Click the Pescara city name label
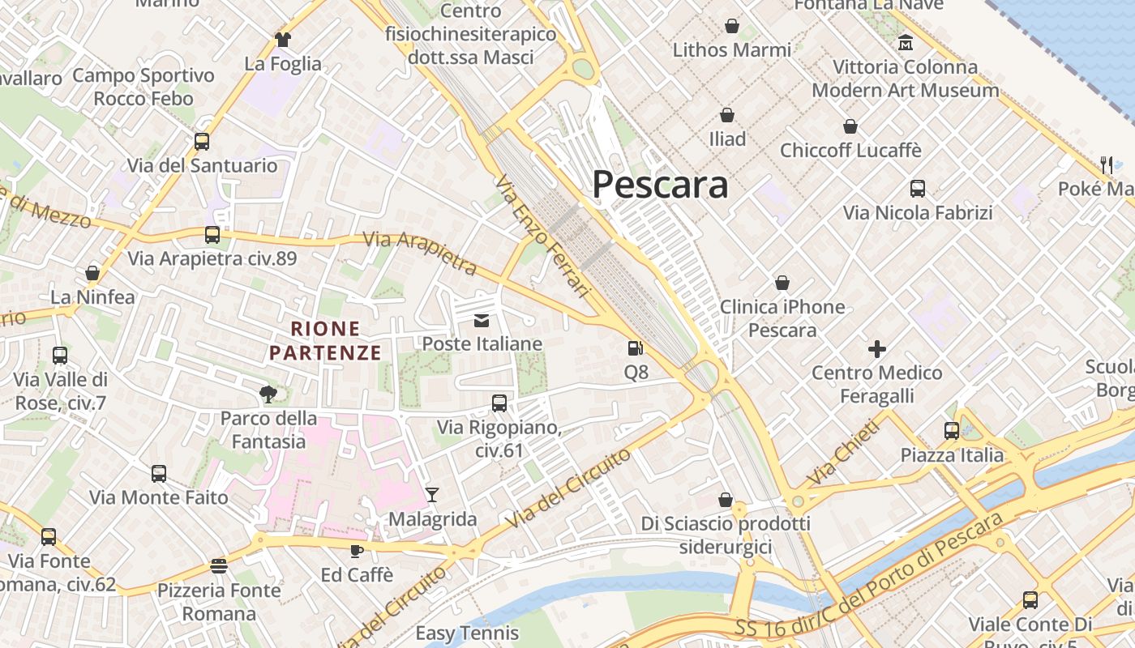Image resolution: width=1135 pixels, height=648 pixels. [x=660, y=185]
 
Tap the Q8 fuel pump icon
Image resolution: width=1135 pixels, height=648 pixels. [x=636, y=349]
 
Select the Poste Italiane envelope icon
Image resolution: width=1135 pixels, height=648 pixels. [x=482, y=321]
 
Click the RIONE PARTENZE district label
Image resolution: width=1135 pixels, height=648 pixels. [x=325, y=341]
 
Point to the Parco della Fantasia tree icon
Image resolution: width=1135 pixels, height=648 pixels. [x=268, y=394]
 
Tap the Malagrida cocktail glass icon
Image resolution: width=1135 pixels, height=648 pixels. [x=432, y=494]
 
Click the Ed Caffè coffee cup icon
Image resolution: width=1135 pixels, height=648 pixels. [x=356, y=551]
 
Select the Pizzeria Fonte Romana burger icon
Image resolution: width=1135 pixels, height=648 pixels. [x=218, y=565]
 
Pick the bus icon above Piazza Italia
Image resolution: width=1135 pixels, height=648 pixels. [x=952, y=431]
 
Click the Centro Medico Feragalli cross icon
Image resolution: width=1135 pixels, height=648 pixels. [x=876, y=349]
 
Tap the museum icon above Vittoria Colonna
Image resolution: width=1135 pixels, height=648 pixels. [x=906, y=42]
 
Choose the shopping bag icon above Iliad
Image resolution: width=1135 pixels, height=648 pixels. [x=727, y=115]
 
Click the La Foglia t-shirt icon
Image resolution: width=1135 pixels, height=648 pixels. [x=282, y=39]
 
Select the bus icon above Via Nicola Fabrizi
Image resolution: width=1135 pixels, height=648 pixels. [x=918, y=189]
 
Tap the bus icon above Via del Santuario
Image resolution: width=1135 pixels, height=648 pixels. [x=202, y=142]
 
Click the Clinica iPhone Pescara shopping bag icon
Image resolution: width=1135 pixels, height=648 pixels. [x=782, y=283]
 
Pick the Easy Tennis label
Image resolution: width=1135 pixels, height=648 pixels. [x=467, y=633]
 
